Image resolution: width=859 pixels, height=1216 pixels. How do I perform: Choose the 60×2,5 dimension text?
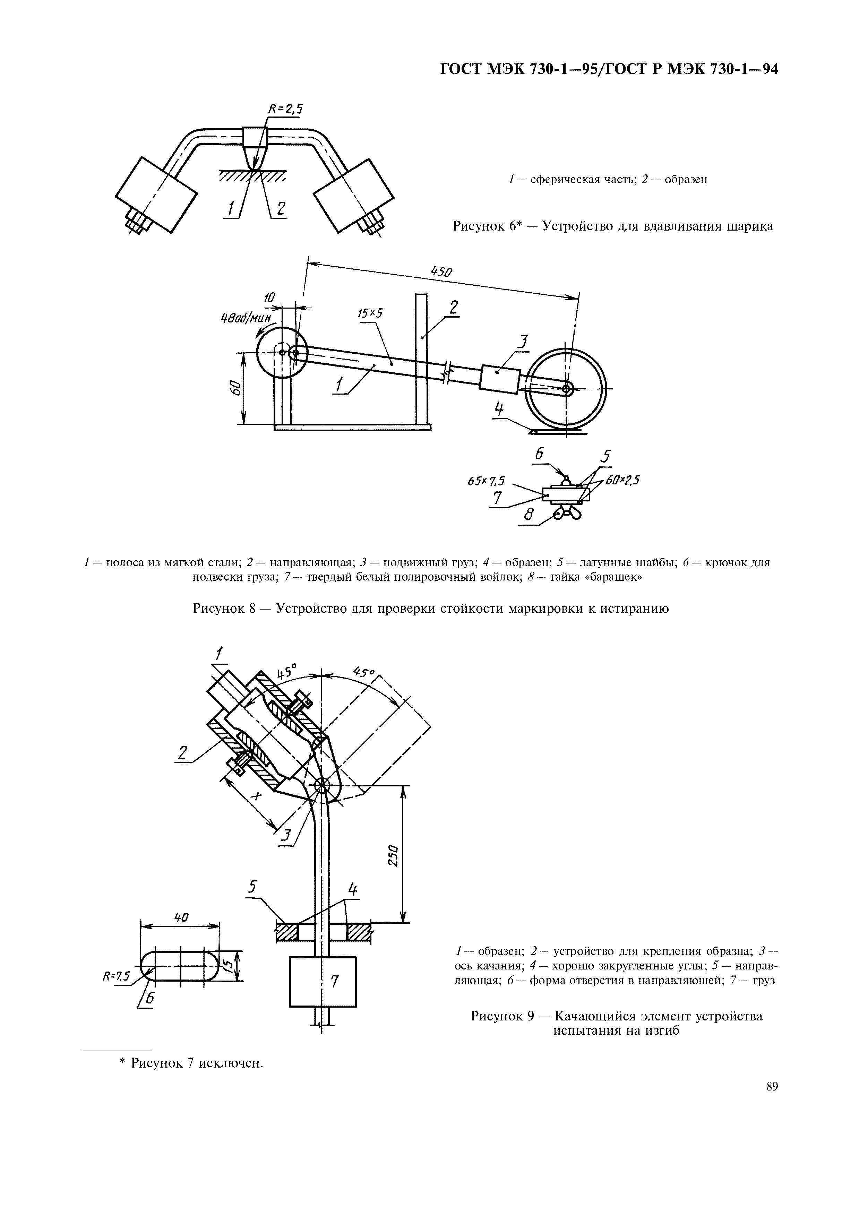(x=623, y=480)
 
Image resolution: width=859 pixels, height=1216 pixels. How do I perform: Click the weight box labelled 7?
(x=323, y=981)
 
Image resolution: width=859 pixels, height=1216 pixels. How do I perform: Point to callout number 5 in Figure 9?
(x=253, y=887)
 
